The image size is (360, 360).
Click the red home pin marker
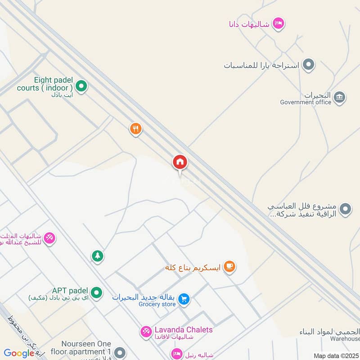tap(180, 162)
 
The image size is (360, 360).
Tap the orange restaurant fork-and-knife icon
tap(135, 129)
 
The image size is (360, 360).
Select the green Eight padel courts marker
tap(81, 85)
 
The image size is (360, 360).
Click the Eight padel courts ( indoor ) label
tap(45, 84)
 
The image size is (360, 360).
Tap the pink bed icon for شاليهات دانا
tap(279, 24)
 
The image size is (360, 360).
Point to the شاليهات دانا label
tap(249, 24)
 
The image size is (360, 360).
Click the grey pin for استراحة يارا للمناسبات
tap(308, 65)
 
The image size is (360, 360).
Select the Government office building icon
tap(340, 96)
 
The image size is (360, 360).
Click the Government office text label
tap(306, 102)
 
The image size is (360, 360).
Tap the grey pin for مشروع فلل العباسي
tap(345, 209)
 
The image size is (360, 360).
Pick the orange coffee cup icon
tap(229, 266)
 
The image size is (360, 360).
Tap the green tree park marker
tap(97, 256)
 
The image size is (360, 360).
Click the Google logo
tap(19, 354)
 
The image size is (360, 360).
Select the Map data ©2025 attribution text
tap(336, 356)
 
